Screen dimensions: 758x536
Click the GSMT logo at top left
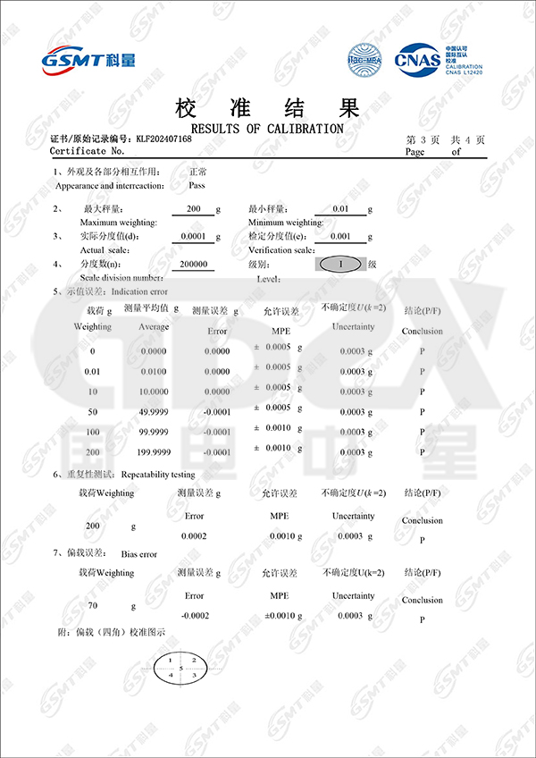pos(88,60)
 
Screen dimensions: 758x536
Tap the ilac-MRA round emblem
pos(364,60)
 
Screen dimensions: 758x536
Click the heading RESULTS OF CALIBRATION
pos(267,129)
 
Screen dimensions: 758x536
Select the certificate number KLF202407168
pos(163,139)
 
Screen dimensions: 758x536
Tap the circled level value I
pos(339,265)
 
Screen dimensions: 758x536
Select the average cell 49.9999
pos(154,412)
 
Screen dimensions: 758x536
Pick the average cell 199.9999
pos(154,452)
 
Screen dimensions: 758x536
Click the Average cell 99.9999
pos(154,433)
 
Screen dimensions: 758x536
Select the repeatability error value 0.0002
pos(194,535)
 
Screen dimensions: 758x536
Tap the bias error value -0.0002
pos(194,616)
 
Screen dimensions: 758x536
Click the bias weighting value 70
pos(92,606)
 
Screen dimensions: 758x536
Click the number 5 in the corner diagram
pos(180,668)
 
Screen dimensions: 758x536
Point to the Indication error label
pos(138,292)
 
